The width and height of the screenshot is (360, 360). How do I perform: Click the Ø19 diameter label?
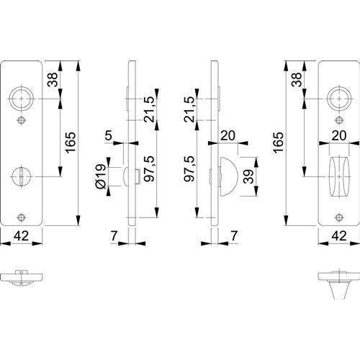101,176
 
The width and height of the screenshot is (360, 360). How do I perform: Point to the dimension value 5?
109,135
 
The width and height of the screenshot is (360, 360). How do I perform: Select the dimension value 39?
248,176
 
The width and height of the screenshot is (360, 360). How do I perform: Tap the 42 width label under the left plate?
21,236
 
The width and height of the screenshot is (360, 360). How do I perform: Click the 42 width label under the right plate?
339,236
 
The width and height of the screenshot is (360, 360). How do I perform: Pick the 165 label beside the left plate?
71,143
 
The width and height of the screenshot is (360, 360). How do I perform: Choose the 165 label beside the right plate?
279,143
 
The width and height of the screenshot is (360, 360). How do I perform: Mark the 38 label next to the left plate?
53,79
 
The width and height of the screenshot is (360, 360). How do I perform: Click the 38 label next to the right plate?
297,79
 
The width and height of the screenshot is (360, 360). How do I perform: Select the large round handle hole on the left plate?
22,99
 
